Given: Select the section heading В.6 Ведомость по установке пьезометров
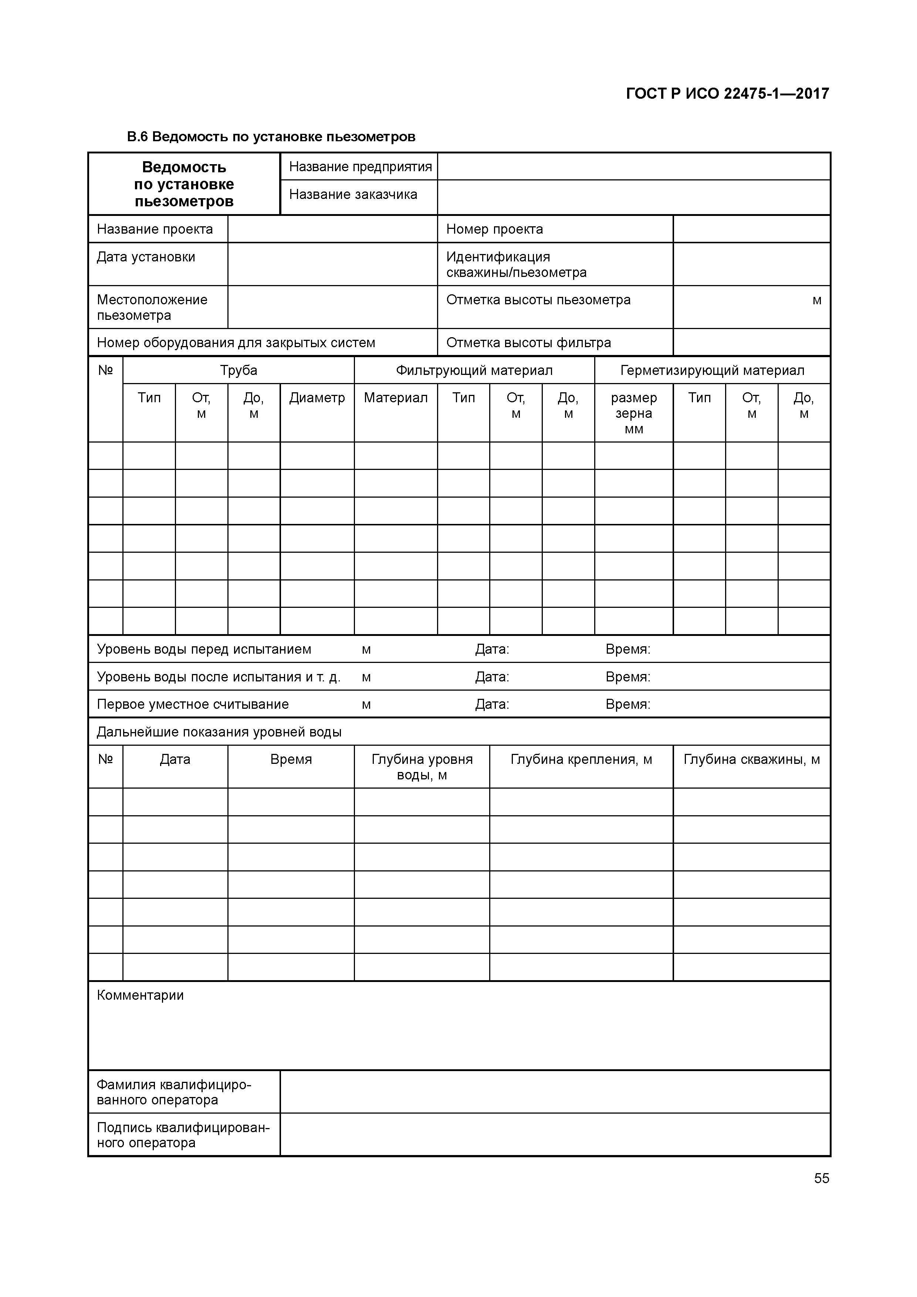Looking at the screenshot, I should (271, 137).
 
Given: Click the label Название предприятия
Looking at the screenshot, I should (360, 167).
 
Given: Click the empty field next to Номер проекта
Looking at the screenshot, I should (751, 229).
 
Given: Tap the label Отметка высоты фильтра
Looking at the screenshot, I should (528, 342).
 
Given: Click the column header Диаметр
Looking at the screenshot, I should (317, 398).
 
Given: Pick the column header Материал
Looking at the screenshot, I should (396, 398).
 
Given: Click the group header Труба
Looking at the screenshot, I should (238, 370).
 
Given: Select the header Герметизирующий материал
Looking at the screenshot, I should (712, 370).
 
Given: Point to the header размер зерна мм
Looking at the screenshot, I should (633, 413).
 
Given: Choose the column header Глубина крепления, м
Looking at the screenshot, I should (581, 759).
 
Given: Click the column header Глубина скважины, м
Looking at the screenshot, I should (751, 759).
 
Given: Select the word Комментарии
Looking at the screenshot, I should (140, 995).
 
